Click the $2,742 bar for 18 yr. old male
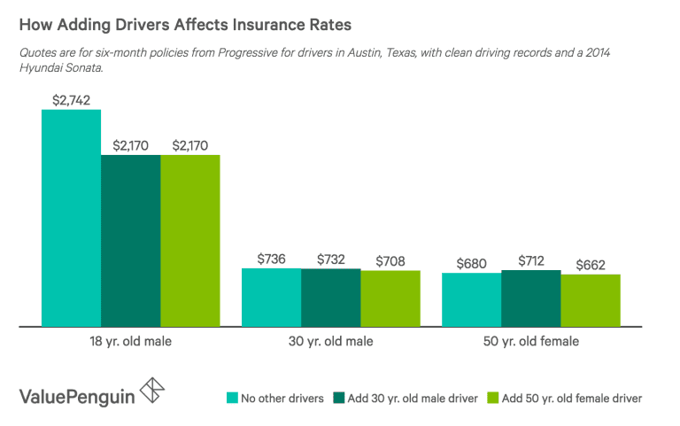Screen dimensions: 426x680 (71, 218)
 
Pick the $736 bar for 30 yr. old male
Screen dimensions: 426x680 (272, 297)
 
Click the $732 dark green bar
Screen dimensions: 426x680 (331, 297)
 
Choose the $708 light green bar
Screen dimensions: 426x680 (390, 298)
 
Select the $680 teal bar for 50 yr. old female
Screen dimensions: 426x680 (471, 299)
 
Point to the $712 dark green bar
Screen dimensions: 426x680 (530, 298)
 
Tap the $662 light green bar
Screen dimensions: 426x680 (590, 300)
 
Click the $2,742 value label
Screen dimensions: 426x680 (71, 100)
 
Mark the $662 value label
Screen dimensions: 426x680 (590, 264)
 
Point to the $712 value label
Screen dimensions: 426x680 (530, 260)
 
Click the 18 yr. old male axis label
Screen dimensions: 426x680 (131, 341)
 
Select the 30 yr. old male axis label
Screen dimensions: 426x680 (331, 341)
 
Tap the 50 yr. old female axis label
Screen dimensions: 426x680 (531, 341)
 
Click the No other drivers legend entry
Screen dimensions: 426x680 (276, 398)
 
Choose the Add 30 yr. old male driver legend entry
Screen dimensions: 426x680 (406, 398)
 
